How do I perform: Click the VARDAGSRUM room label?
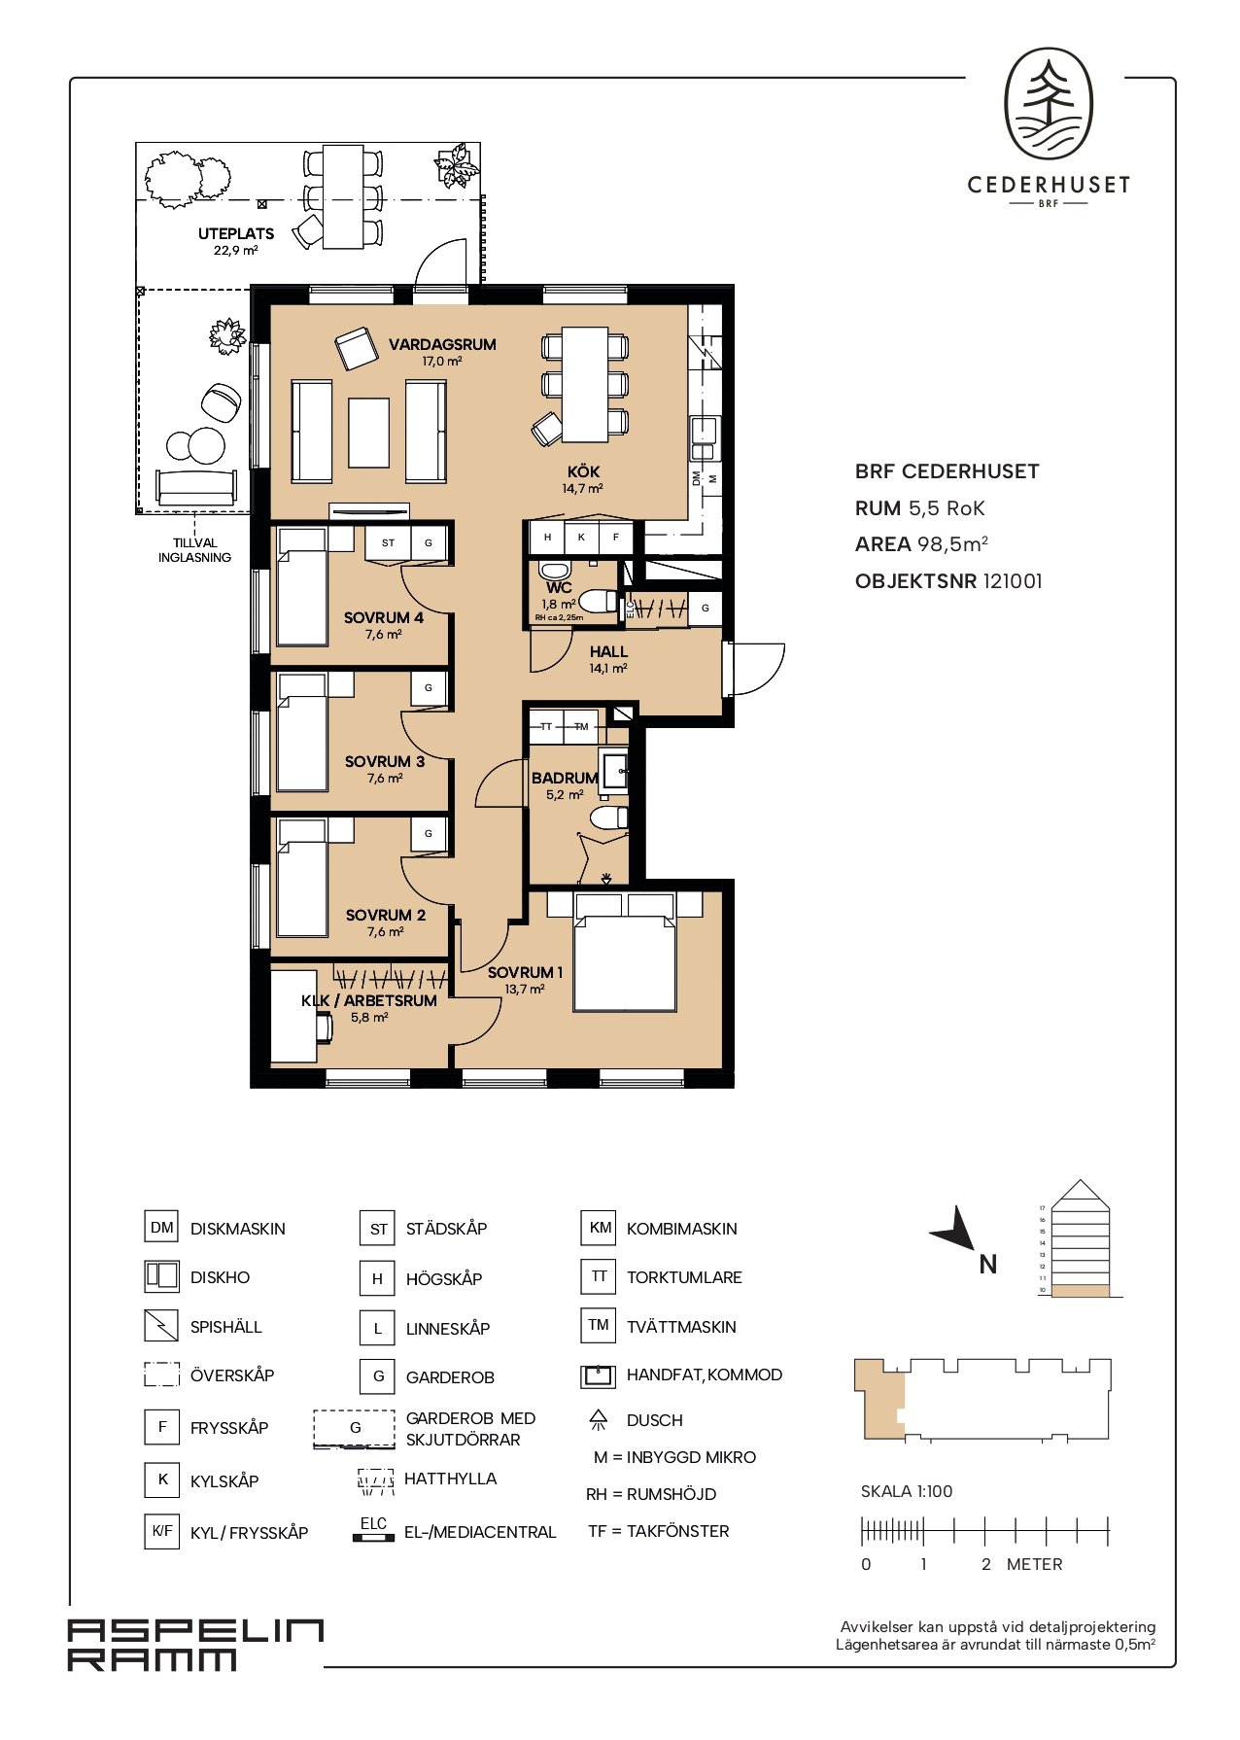442,344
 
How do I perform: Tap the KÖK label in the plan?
583,471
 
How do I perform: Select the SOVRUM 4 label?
384,617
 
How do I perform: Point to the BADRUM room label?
565,778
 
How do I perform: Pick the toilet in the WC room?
597,602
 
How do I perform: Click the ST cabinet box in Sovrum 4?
389,542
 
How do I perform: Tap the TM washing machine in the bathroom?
581,727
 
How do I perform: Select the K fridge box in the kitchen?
581,537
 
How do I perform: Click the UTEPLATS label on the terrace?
236,233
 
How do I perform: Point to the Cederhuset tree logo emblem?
1049,105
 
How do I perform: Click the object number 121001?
1013,581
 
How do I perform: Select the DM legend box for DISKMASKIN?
162,1228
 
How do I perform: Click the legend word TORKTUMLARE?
684,1277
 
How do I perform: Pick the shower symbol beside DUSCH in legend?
599,1420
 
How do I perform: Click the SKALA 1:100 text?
907,1491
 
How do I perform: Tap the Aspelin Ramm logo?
194,1645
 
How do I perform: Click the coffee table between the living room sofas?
369,433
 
